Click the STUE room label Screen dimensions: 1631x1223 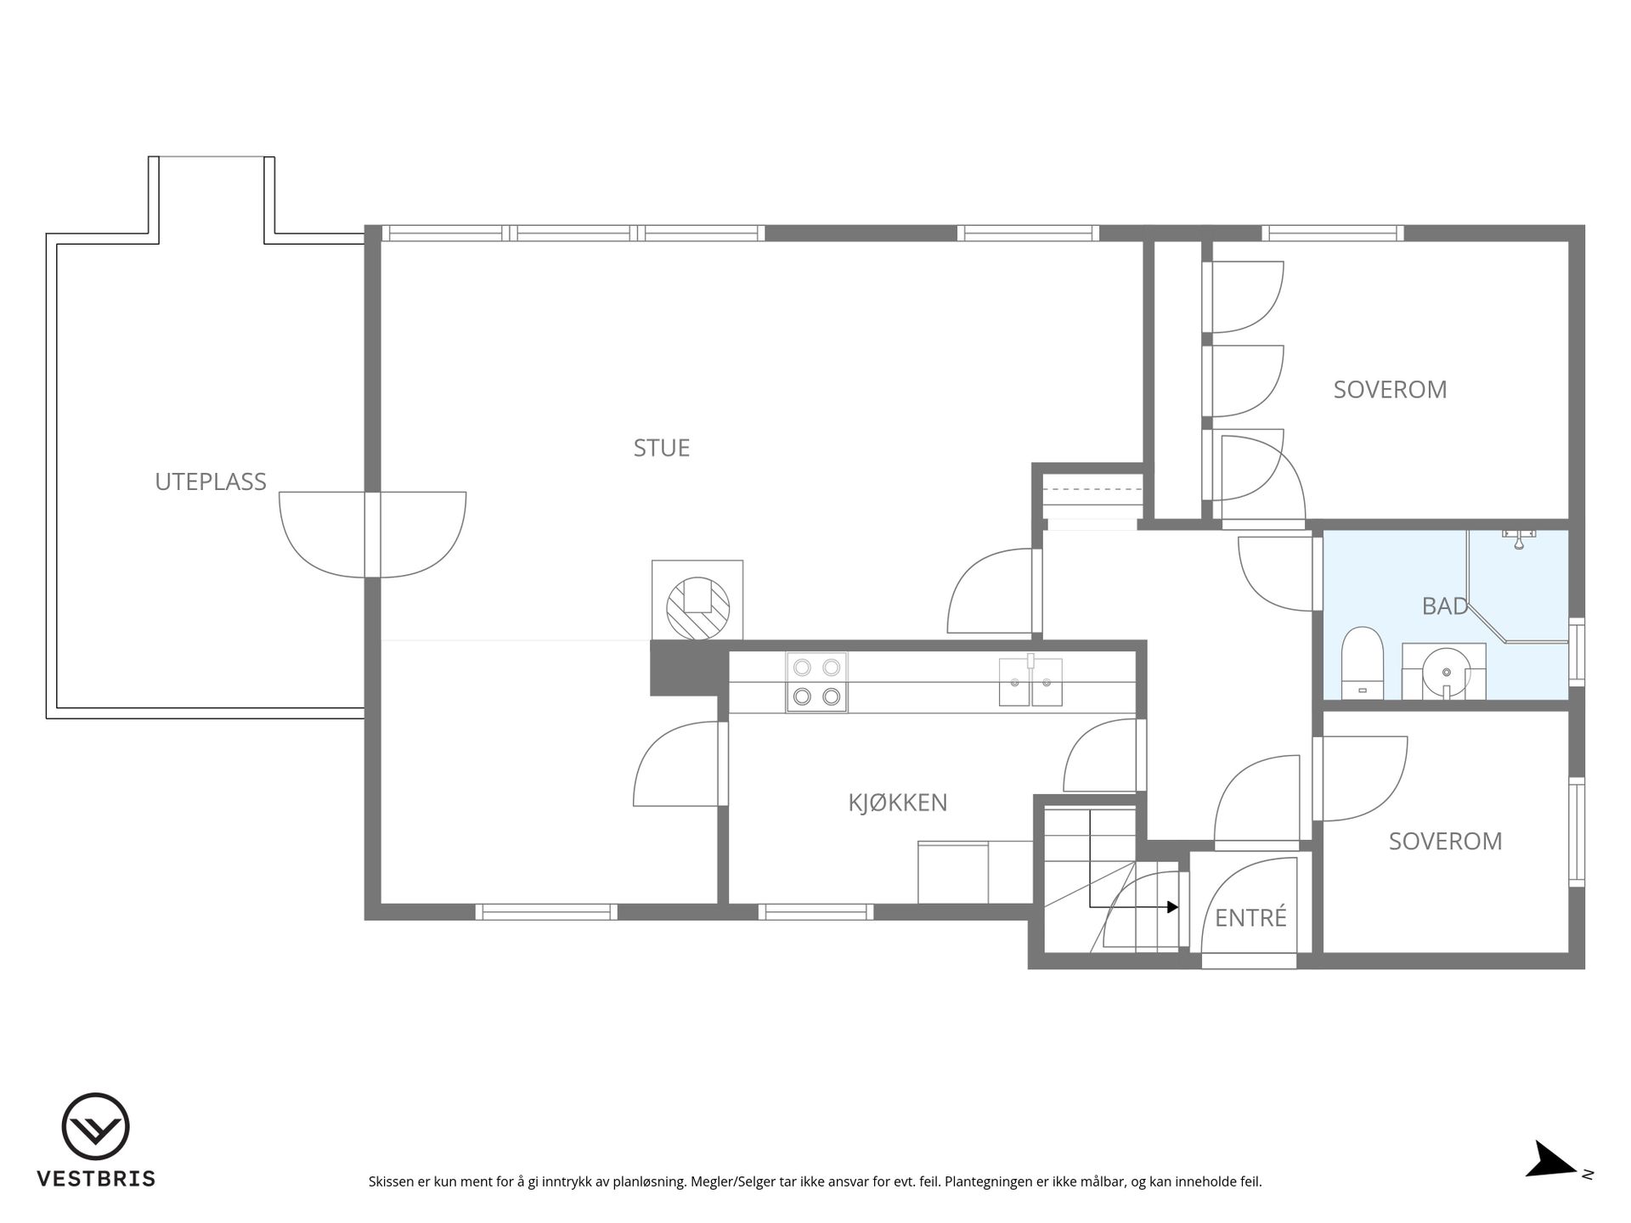[x=662, y=448]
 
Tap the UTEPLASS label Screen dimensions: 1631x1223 [x=211, y=482]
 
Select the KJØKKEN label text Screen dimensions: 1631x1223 [x=898, y=802]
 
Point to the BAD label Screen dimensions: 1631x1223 [x=1445, y=606]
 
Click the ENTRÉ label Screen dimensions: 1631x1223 [x=1251, y=917]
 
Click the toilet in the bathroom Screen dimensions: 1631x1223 [x=1363, y=662]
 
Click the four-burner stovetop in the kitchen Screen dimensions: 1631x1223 [x=816, y=682]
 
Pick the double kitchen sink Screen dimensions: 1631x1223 [x=1030, y=681]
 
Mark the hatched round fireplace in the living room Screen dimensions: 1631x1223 [x=697, y=607]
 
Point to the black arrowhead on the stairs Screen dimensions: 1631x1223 [x=1172, y=907]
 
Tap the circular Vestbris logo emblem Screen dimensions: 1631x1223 [x=96, y=1126]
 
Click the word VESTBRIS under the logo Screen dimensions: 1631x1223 [x=96, y=1179]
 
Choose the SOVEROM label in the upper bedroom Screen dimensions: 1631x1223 [x=1390, y=389]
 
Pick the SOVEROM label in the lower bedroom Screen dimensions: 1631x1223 [x=1445, y=841]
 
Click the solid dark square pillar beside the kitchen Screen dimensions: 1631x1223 [x=685, y=668]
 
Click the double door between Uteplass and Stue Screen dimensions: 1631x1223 [x=373, y=534]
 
